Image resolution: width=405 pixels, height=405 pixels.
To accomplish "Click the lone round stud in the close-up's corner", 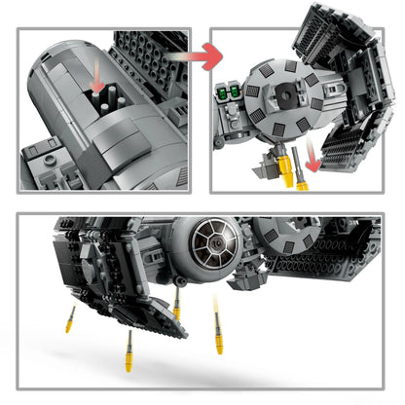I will pos(37,143).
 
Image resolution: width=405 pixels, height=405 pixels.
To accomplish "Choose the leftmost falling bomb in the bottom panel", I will pos(70,318).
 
